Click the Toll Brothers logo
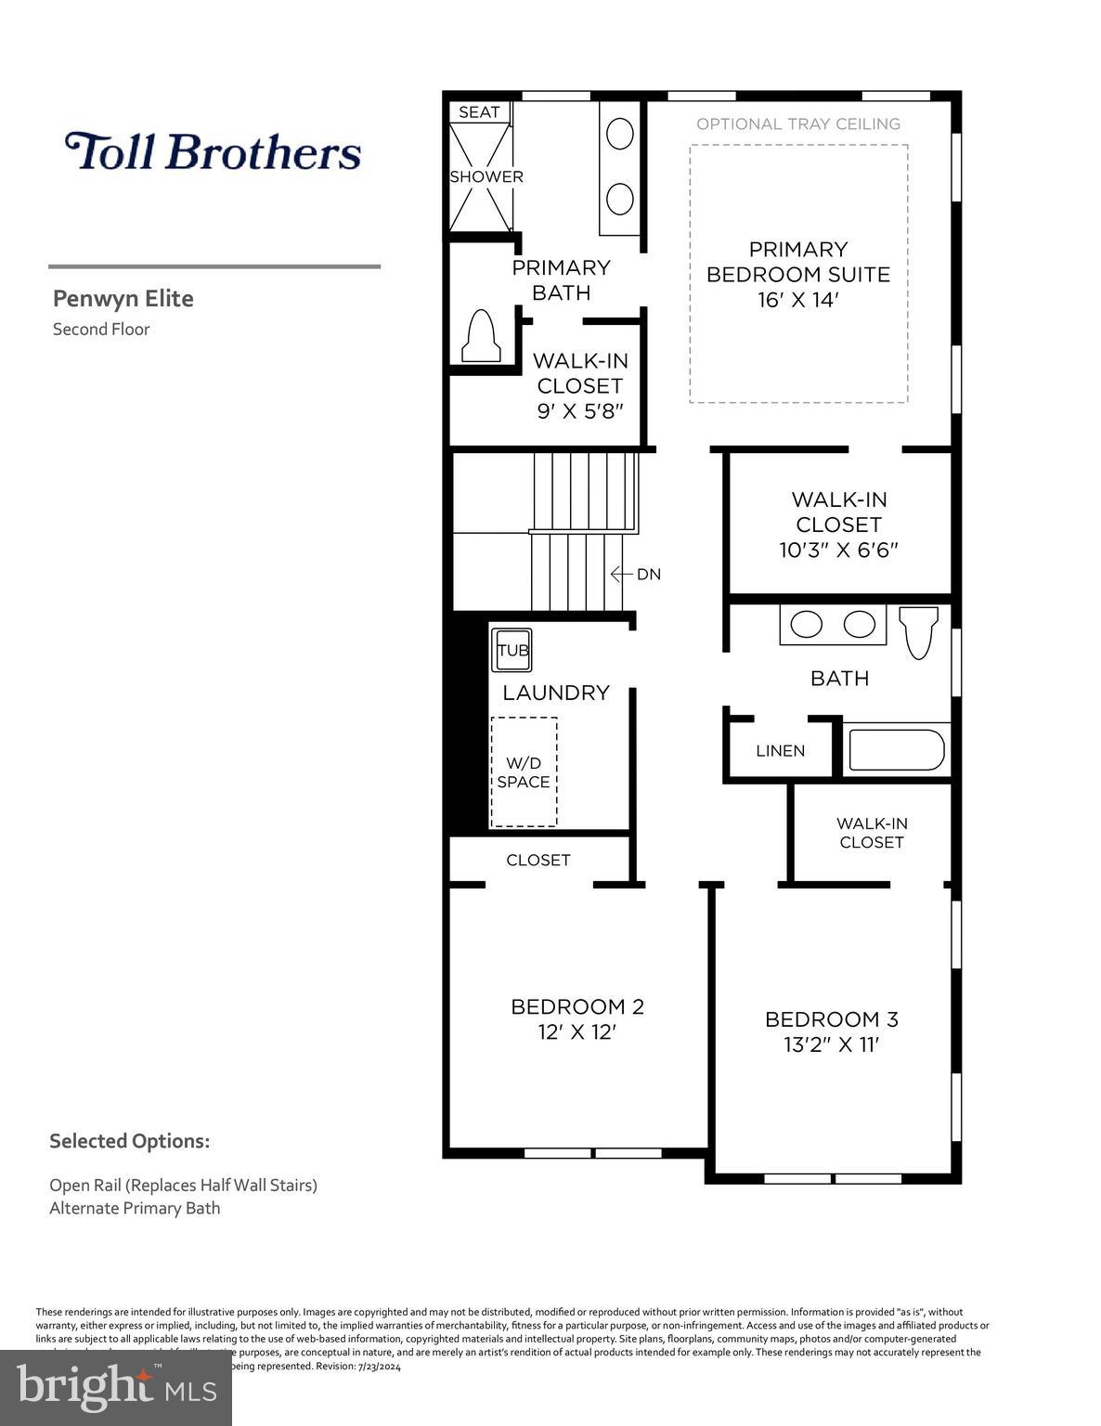pyautogui.click(x=213, y=151)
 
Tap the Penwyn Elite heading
pyautogui.click(x=123, y=298)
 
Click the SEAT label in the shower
pyautogui.click(x=479, y=112)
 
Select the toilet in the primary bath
pyautogui.click(x=481, y=336)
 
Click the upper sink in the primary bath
pyautogui.click(x=619, y=134)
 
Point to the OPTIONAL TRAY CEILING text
pyautogui.click(x=797, y=123)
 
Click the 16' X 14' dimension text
pyautogui.click(x=797, y=300)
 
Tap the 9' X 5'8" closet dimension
pyautogui.click(x=579, y=410)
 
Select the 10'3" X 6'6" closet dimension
pyautogui.click(x=838, y=550)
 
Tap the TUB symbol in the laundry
pyautogui.click(x=512, y=650)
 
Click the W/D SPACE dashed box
pyautogui.click(x=524, y=771)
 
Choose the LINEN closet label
pyautogui.click(x=780, y=750)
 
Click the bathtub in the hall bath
pyautogui.click(x=896, y=749)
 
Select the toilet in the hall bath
pyautogui.click(x=919, y=631)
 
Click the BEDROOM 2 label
pyautogui.click(x=576, y=1006)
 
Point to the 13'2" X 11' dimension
pyautogui.click(x=831, y=1044)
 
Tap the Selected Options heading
pyautogui.click(x=129, y=1141)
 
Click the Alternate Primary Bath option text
pyautogui.click(x=135, y=1208)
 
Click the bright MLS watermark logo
pyautogui.click(x=116, y=1387)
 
